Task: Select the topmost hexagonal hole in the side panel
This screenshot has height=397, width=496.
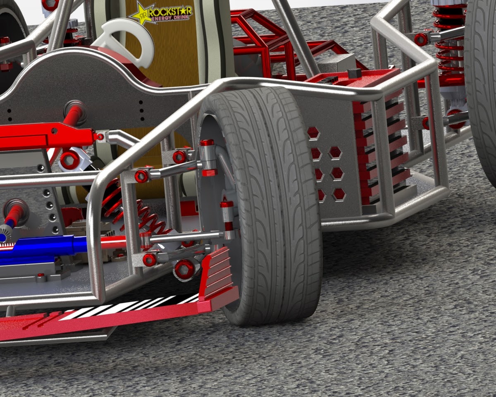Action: tap(313, 133)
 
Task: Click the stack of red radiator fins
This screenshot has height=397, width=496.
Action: tap(380, 153)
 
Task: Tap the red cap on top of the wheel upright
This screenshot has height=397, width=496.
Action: tap(207, 143)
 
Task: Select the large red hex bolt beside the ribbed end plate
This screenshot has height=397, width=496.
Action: tap(184, 269)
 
